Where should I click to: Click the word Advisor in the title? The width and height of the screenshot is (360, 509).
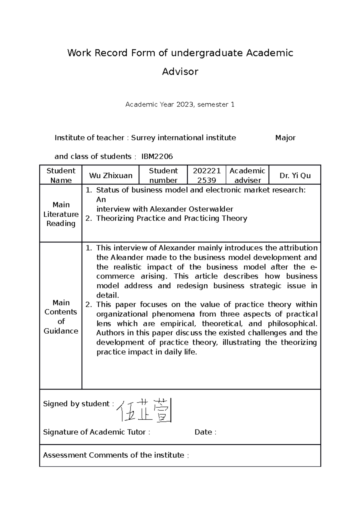tap(180, 72)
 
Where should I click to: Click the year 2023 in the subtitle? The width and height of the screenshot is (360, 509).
tap(185, 105)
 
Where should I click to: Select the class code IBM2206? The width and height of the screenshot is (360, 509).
tap(157, 156)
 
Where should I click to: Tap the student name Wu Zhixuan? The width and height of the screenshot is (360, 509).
tap(111, 176)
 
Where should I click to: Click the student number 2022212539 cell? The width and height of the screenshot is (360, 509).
tap(207, 175)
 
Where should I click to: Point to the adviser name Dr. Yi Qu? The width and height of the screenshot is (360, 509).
tap(295, 176)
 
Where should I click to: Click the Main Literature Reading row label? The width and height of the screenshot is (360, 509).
tap(61, 214)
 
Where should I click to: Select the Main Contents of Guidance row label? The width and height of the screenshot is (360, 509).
tap(61, 317)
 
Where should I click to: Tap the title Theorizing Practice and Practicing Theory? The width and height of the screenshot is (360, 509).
tap(172, 219)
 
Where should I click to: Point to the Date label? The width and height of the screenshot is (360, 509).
tap(205, 432)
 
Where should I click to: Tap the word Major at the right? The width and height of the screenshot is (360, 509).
tap(285, 138)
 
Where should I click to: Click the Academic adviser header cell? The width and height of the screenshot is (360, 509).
tap(247, 176)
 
